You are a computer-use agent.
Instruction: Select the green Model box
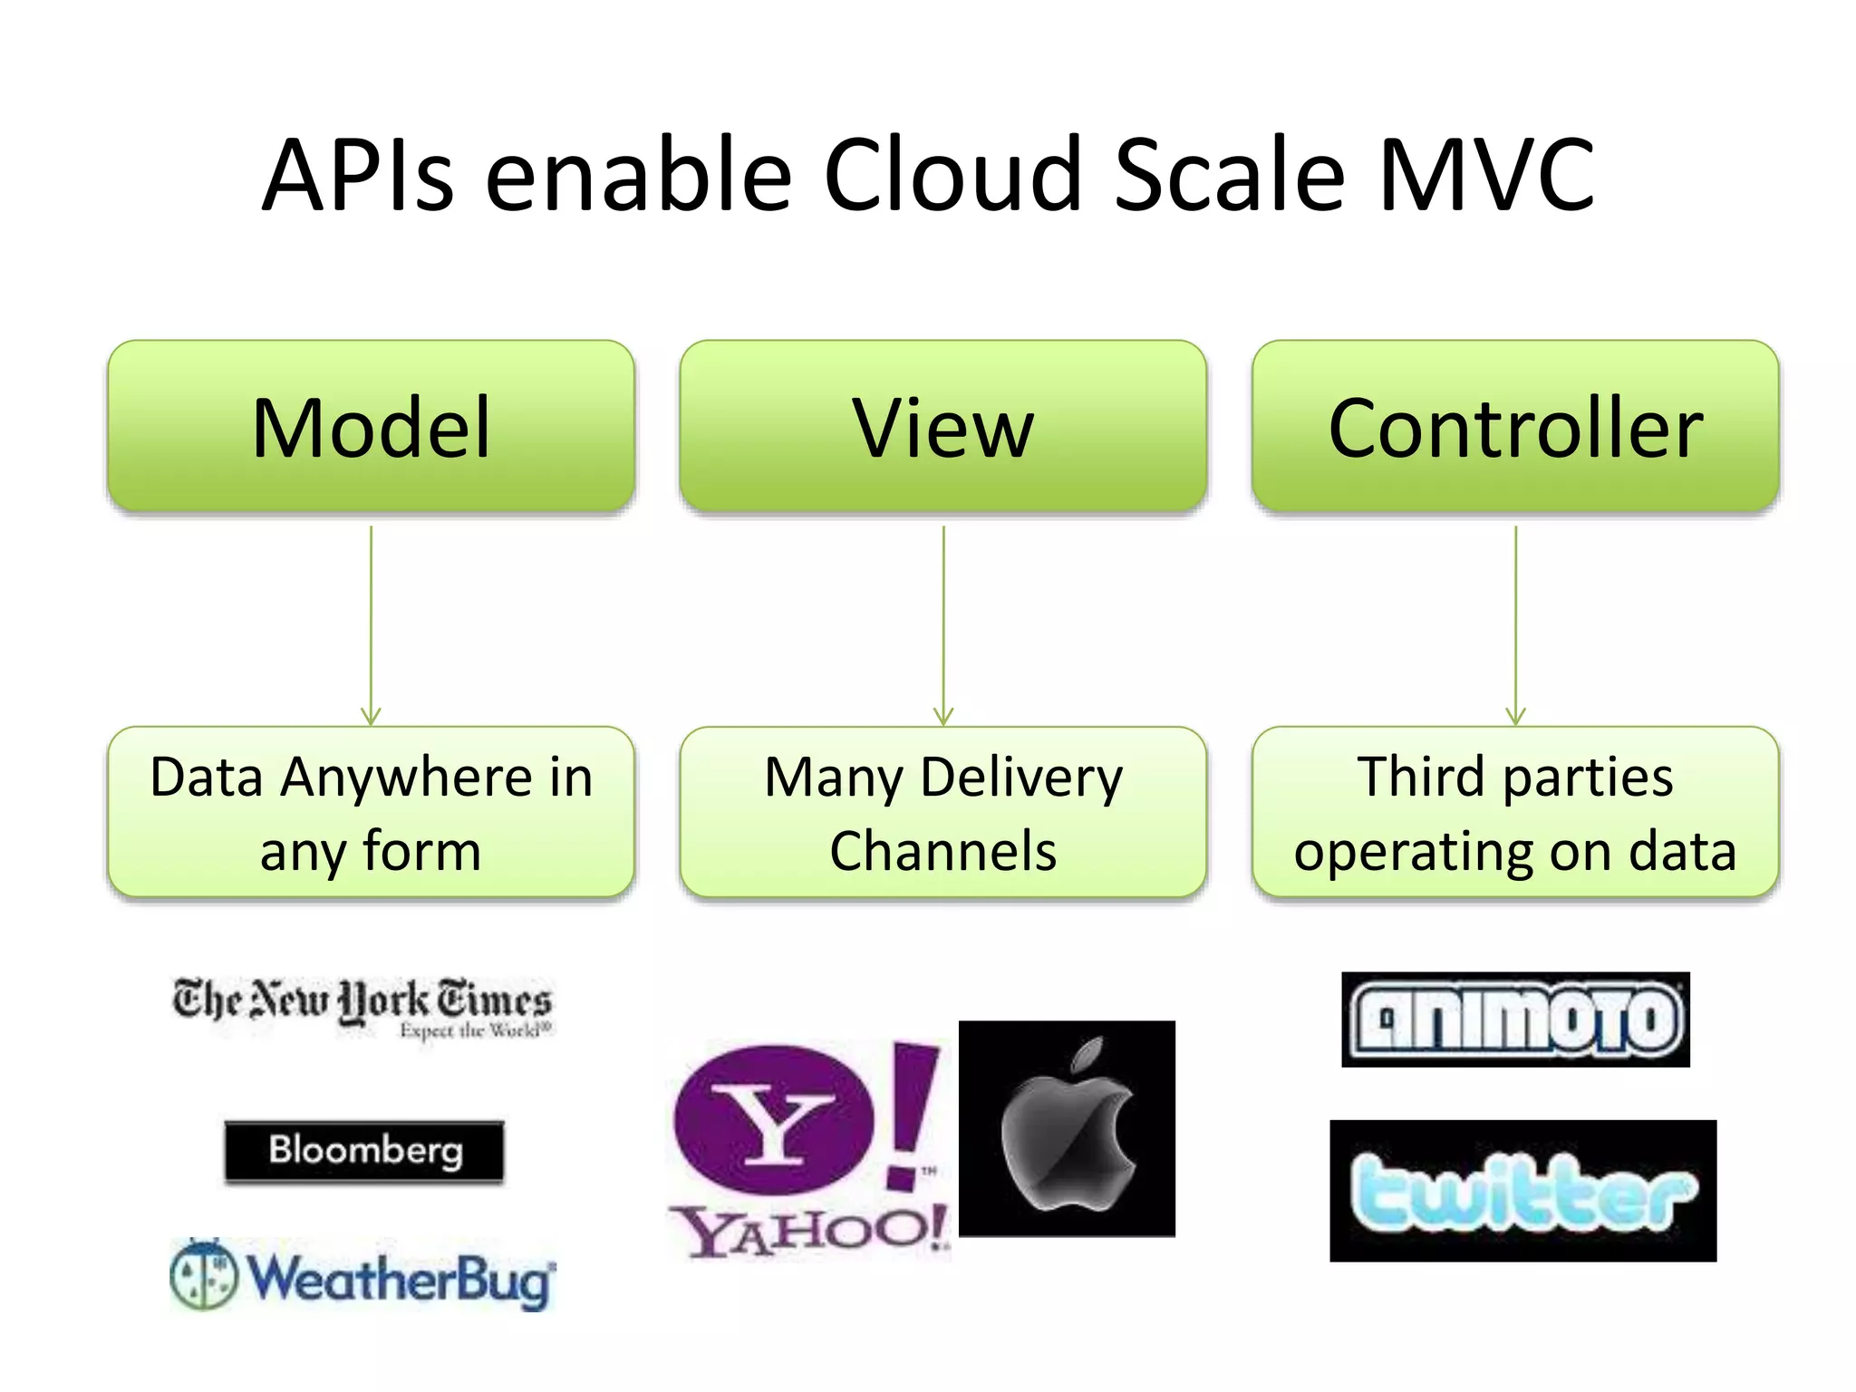click(371, 426)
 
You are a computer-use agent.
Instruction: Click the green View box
click(942, 426)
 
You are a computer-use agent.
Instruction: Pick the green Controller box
click(1515, 426)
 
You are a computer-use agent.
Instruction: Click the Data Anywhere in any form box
click(371, 812)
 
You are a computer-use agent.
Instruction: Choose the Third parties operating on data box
click(1515, 812)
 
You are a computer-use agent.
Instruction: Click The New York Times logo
click(362, 1006)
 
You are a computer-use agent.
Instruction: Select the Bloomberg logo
click(364, 1151)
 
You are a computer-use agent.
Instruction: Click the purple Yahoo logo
click(807, 1146)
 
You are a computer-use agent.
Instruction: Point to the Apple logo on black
click(1067, 1128)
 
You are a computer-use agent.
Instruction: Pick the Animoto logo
click(1515, 1020)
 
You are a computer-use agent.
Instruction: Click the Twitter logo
click(1522, 1191)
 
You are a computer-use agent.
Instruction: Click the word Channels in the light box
click(942, 852)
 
